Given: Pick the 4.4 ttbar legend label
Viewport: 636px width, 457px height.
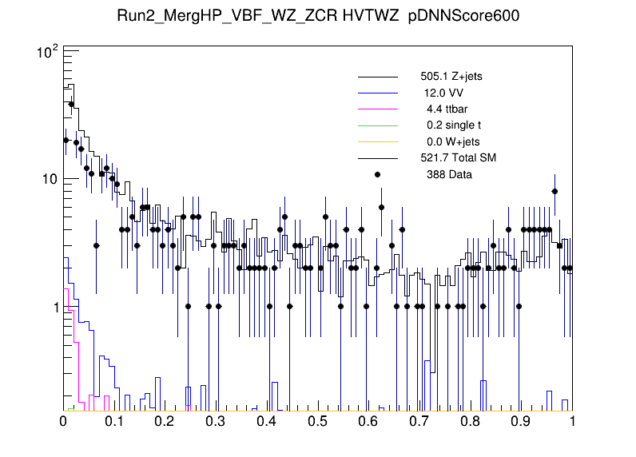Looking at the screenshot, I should (x=445, y=109).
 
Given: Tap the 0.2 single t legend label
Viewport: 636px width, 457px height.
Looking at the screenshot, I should (x=454, y=125).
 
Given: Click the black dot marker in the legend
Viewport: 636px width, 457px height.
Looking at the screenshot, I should (x=377, y=174).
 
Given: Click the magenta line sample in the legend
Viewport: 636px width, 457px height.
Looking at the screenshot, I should (x=377, y=109).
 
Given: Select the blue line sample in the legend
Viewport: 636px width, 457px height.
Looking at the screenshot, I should (x=377, y=93).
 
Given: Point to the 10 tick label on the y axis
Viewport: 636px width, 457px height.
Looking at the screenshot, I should (x=49, y=179).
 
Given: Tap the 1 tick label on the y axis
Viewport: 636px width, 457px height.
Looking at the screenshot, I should (x=54, y=308).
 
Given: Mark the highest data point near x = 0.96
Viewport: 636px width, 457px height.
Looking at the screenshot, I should (x=555, y=191).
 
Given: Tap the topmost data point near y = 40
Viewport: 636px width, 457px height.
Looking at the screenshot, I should (x=71, y=104).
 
